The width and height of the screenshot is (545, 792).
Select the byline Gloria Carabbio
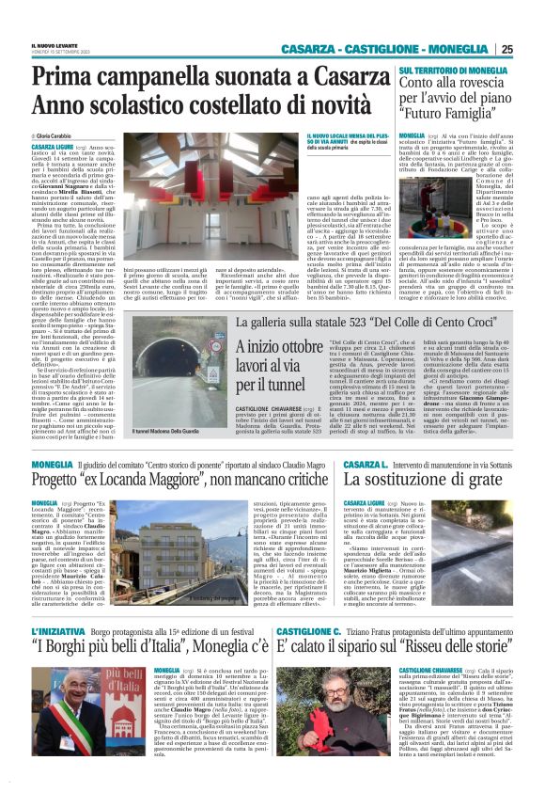coord(59,136)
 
